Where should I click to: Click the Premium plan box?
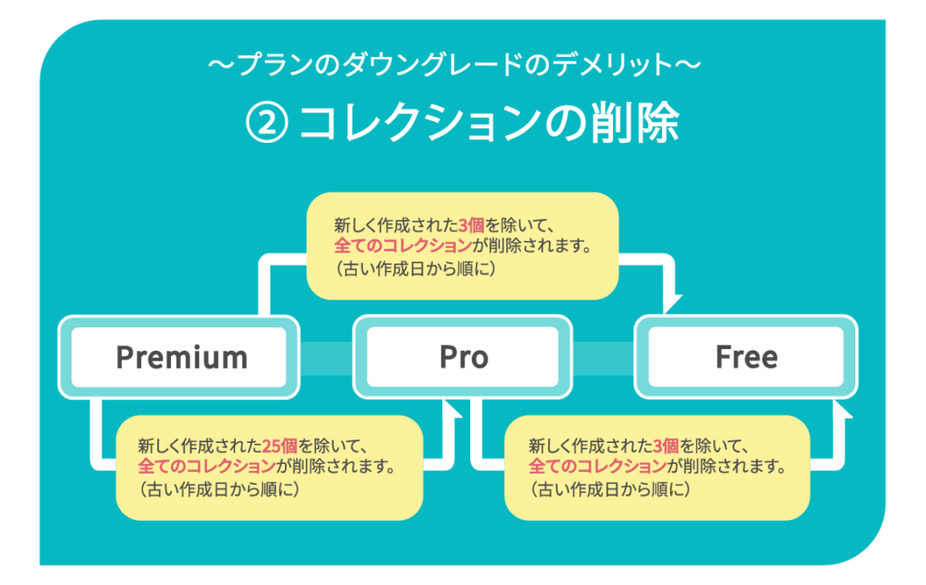(x=181, y=357)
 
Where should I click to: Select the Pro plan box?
(x=463, y=357)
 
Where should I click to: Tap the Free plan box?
(x=746, y=357)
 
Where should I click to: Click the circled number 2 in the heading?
(x=266, y=124)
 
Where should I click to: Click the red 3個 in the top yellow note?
(x=473, y=224)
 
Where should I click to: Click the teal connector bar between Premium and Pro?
(x=326, y=358)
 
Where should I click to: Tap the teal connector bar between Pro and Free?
(x=603, y=358)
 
